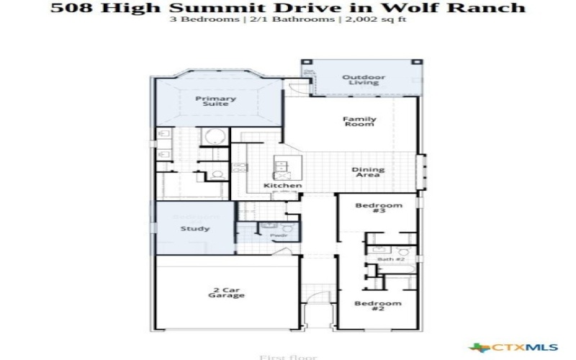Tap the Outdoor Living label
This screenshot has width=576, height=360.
tap(363, 79)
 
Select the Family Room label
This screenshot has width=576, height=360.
tap(359, 122)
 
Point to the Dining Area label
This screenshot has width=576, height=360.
tap(367, 173)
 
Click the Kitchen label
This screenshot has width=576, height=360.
tap(282, 186)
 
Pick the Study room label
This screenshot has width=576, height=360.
tap(194, 229)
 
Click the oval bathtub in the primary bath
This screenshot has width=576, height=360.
tap(214, 136)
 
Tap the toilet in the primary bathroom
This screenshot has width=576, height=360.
tap(217, 174)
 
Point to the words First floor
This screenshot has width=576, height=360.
tap(276, 356)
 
